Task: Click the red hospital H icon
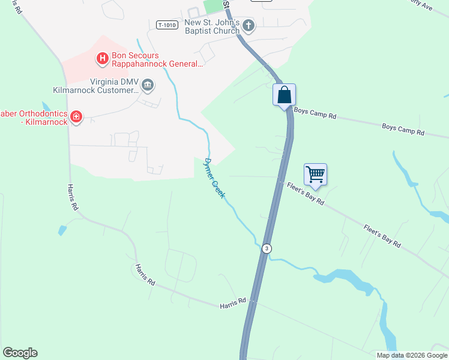click(x=102, y=58)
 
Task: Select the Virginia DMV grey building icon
click(x=147, y=86)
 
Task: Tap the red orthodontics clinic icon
click(x=76, y=116)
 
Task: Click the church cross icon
click(x=249, y=25)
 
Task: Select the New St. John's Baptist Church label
click(x=212, y=27)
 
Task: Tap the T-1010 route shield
click(x=167, y=25)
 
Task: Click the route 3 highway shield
click(x=265, y=248)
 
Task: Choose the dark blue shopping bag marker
click(x=285, y=95)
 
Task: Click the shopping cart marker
click(x=315, y=175)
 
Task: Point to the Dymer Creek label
click(x=214, y=178)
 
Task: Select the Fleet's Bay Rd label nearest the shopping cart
click(x=305, y=193)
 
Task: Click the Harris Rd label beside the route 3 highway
click(x=233, y=304)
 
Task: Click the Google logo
click(x=20, y=353)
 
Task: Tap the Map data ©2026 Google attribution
click(x=411, y=355)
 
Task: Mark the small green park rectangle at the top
click(x=212, y=6)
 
